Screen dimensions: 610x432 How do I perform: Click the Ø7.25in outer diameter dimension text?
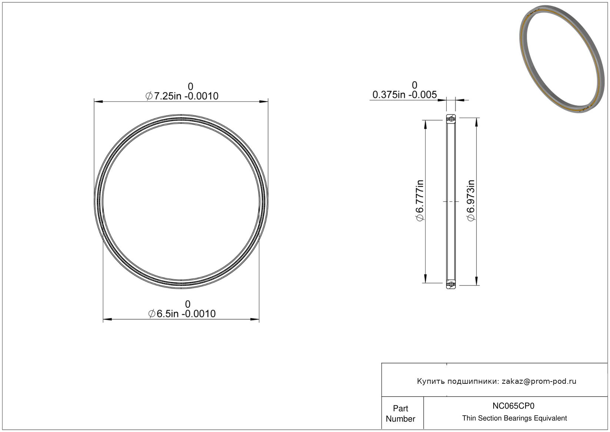tap(182, 96)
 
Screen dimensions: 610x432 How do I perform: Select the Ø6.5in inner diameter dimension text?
tap(182, 314)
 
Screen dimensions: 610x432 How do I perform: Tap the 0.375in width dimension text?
tap(405, 95)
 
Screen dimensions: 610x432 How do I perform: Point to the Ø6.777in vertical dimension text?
tap(420, 201)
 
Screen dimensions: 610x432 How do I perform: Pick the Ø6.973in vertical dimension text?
tap(471, 201)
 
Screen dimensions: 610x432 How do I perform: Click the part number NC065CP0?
tap(513, 406)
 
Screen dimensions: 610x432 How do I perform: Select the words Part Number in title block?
tap(400, 413)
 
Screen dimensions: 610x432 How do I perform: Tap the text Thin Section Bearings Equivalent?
tap(514, 418)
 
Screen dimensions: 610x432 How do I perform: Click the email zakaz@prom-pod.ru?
tap(539, 381)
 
